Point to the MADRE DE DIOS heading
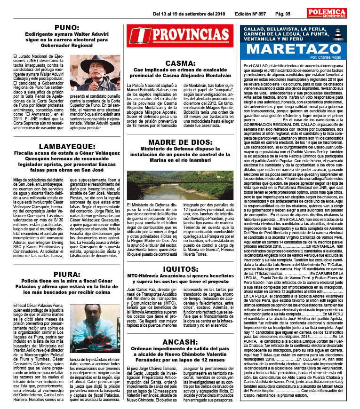(181, 142)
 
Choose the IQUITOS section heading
(181, 268)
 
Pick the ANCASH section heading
(181, 341)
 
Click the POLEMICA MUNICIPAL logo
(326, 13)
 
